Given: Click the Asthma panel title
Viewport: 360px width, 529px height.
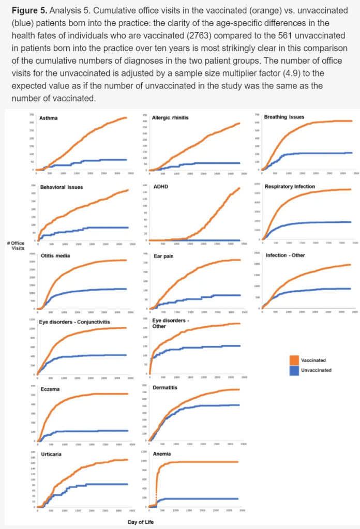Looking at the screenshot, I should (49, 118).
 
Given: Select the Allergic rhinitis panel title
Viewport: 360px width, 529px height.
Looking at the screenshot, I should (170, 118).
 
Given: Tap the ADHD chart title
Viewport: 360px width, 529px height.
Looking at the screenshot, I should (159, 187).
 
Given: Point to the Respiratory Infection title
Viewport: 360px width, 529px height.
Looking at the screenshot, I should (289, 186).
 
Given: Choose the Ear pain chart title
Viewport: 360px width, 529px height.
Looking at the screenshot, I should (163, 256).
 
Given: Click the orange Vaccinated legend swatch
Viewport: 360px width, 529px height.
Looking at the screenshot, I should (294, 360).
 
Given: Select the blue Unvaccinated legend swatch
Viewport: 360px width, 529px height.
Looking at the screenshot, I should (294, 370).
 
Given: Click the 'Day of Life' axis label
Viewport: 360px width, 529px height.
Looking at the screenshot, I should (141, 522).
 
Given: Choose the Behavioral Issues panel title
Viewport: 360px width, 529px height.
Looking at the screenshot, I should (61, 187).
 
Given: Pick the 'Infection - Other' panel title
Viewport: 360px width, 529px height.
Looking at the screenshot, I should (286, 255).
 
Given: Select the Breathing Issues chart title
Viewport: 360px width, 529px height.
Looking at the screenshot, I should (284, 117).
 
